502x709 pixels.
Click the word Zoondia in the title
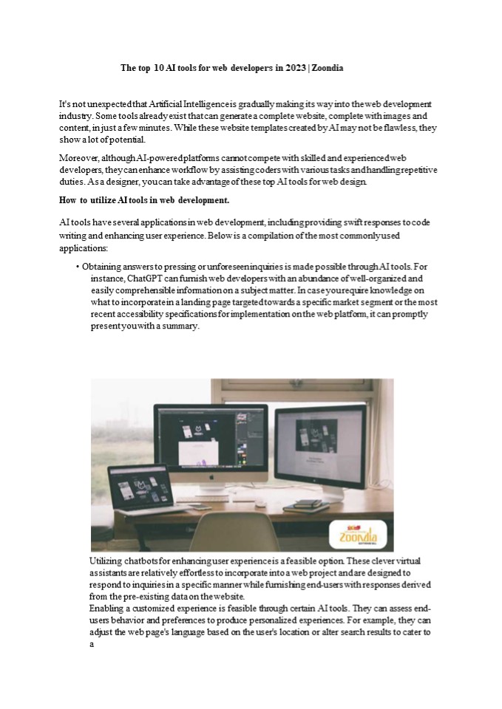(328, 68)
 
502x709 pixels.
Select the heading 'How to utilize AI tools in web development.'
(145, 200)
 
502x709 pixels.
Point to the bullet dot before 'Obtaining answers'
(78, 267)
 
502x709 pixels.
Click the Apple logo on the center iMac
(211, 477)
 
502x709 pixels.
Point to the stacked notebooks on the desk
(304, 505)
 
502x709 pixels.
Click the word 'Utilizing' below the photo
(109, 562)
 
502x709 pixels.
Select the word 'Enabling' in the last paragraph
(109, 609)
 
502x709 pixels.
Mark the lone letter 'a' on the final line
(92, 644)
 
